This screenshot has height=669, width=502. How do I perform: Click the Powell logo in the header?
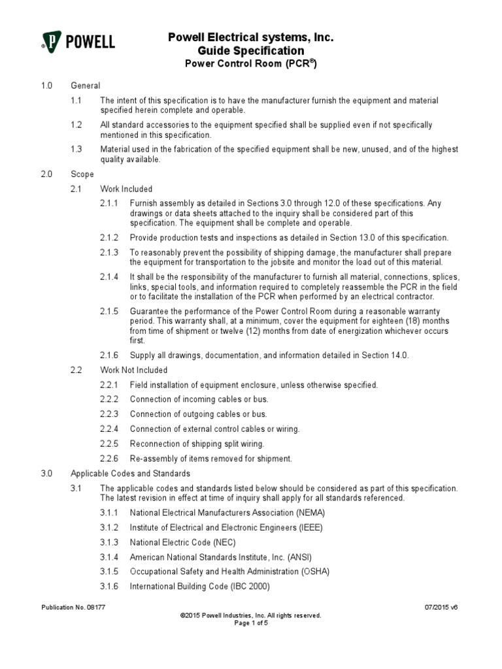coord(77,42)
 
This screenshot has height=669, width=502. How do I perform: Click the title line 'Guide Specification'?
coord(251,51)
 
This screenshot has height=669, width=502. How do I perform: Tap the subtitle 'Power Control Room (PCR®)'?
coord(251,64)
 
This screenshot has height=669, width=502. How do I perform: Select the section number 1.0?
coord(46,86)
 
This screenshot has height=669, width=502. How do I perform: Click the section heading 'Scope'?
coord(82,174)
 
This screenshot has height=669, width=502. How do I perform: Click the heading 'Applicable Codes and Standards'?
coord(131,473)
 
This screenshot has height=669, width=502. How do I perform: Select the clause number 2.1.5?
coord(109,312)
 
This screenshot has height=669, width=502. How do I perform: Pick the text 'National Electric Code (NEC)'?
coord(183,542)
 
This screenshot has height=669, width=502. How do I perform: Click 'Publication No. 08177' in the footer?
coord(73,607)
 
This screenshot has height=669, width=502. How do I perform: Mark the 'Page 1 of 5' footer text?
coord(251,623)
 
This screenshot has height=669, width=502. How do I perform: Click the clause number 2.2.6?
coord(109,458)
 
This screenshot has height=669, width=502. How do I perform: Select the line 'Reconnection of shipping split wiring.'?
coord(197,444)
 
